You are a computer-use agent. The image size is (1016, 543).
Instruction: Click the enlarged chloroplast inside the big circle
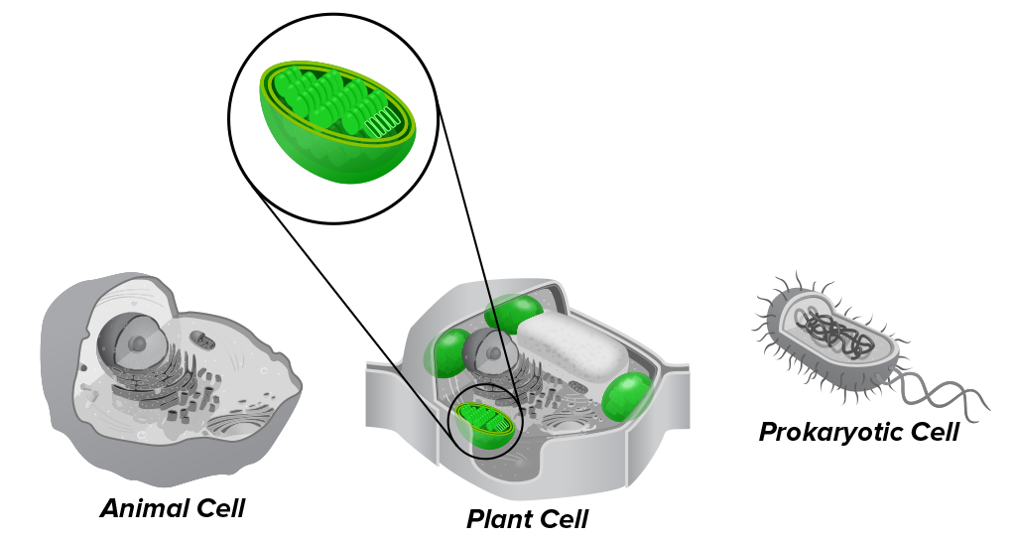tap(337, 122)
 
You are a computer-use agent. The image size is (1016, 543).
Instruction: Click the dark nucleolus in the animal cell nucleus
tap(137, 342)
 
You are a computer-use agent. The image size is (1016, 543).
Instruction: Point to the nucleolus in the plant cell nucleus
tap(494, 352)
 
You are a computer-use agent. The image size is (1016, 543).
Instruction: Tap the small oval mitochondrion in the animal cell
tap(205, 339)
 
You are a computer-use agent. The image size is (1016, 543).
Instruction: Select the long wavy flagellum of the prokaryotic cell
tap(940, 393)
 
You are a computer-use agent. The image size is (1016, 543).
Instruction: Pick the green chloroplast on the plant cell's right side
tap(627, 396)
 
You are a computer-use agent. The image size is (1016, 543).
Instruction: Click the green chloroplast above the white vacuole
tap(513, 313)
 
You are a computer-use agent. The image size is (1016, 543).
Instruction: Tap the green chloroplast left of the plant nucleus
tap(447, 352)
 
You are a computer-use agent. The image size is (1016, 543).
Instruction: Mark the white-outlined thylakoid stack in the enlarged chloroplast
tap(381, 122)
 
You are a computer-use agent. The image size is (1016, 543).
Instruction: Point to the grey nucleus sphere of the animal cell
tap(134, 342)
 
